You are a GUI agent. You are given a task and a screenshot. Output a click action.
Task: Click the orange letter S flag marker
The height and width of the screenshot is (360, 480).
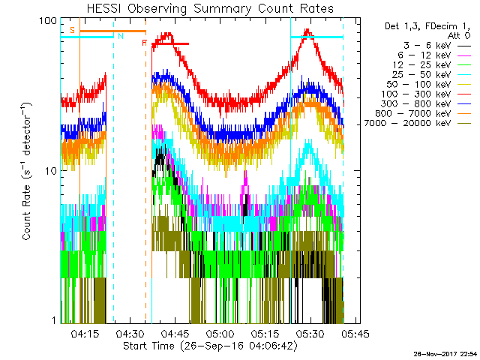click(72, 30)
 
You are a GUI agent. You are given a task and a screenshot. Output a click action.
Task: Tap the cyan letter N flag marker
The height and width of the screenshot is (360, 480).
click(119, 35)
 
